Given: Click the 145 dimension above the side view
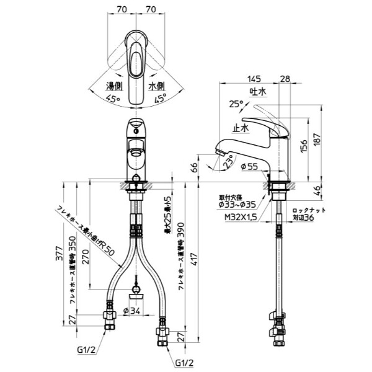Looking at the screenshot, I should tap(252, 78).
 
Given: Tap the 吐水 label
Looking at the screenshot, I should tap(257, 91).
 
